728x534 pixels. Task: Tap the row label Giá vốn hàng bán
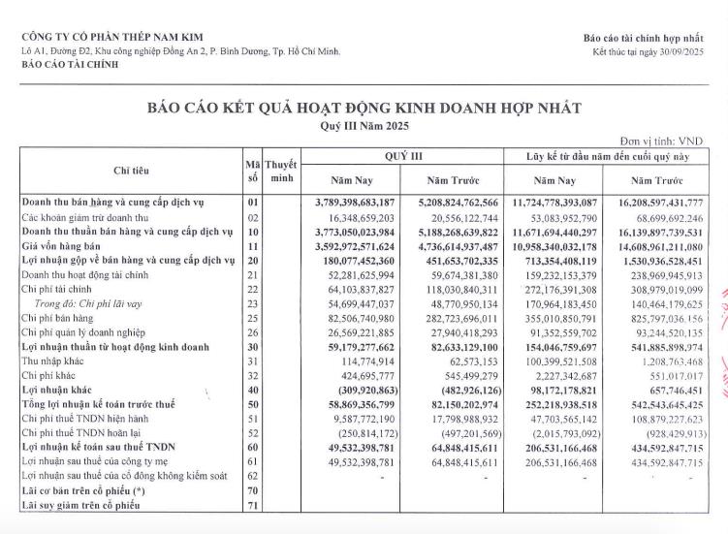[x=66, y=246]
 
